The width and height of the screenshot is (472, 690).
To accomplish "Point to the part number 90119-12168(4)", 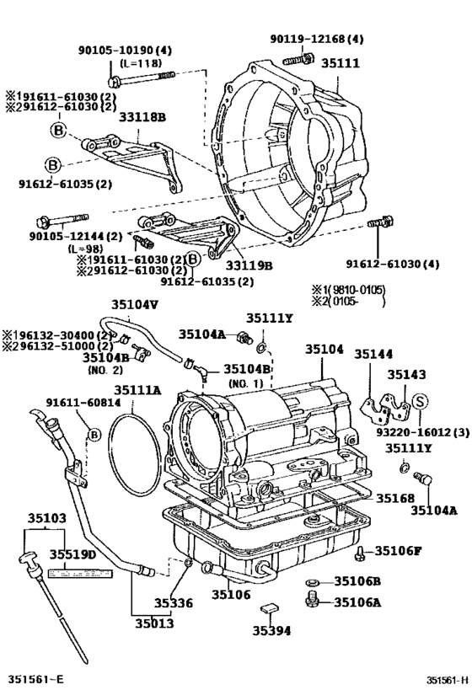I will pos(317,39).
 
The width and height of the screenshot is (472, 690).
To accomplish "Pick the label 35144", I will pos(372,354).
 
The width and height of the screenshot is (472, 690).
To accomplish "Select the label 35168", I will pos(395,499).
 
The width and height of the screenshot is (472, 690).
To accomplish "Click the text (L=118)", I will pos(141,64).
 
